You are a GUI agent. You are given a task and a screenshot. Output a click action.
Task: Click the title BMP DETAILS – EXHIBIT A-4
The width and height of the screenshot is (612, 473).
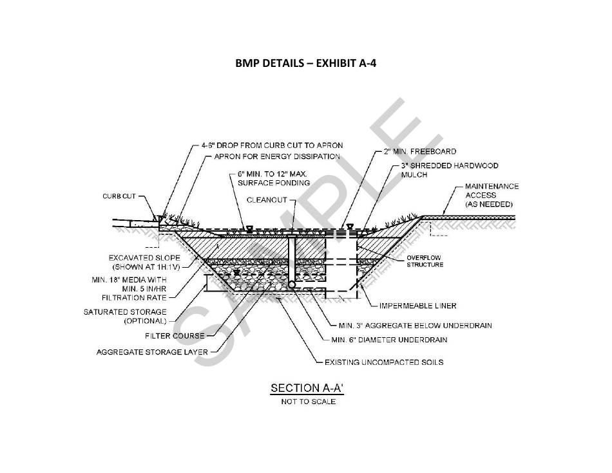[x=305, y=63]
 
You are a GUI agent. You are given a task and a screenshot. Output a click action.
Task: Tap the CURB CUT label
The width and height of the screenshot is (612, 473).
[x=119, y=196]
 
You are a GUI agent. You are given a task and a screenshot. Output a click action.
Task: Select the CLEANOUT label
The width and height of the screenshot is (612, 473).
[x=267, y=200]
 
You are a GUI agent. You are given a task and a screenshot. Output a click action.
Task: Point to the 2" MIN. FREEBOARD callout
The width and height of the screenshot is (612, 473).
[x=420, y=151]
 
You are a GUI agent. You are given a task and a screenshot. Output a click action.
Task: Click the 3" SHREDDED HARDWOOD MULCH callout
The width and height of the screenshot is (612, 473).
[x=450, y=170]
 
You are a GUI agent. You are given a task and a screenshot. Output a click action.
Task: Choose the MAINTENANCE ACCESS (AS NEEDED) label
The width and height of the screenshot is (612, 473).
[x=492, y=195]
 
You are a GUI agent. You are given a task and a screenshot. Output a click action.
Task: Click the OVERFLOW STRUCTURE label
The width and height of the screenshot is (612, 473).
[x=425, y=261]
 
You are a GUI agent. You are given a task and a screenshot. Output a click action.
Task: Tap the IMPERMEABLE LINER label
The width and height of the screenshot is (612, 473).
[x=417, y=306]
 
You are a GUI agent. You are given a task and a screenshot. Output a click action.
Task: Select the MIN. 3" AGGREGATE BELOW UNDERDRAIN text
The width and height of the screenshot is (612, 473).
[x=416, y=325]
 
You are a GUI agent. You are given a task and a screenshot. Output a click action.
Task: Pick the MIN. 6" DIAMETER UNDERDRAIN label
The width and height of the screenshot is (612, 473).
[x=389, y=340]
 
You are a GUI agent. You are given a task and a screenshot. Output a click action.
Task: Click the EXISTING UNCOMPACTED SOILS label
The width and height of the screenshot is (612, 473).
[x=384, y=362]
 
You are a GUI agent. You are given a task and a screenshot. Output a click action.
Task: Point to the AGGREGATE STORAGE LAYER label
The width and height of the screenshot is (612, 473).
[x=152, y=352]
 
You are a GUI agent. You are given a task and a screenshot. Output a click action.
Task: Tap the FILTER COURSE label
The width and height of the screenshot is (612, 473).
[x=175, y=336]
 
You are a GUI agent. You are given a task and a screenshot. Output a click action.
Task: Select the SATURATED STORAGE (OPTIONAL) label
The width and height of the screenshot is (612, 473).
[x=125, y=316]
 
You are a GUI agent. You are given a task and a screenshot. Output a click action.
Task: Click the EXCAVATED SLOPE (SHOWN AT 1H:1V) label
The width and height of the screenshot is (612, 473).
[x=144, y=263]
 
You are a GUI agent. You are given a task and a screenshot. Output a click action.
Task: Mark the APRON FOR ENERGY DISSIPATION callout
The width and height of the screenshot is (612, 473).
[x=277, y=156]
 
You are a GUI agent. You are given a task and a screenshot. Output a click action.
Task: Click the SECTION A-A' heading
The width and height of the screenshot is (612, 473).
[x=307, y=388]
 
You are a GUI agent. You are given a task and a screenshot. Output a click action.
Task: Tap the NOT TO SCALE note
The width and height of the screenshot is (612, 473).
[x=309, y=402]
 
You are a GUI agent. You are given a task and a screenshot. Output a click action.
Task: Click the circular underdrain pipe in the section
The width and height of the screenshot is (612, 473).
[x=292, y=284]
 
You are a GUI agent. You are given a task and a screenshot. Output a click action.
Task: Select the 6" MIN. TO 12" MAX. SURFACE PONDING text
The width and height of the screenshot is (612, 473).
[x=274, y=178]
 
